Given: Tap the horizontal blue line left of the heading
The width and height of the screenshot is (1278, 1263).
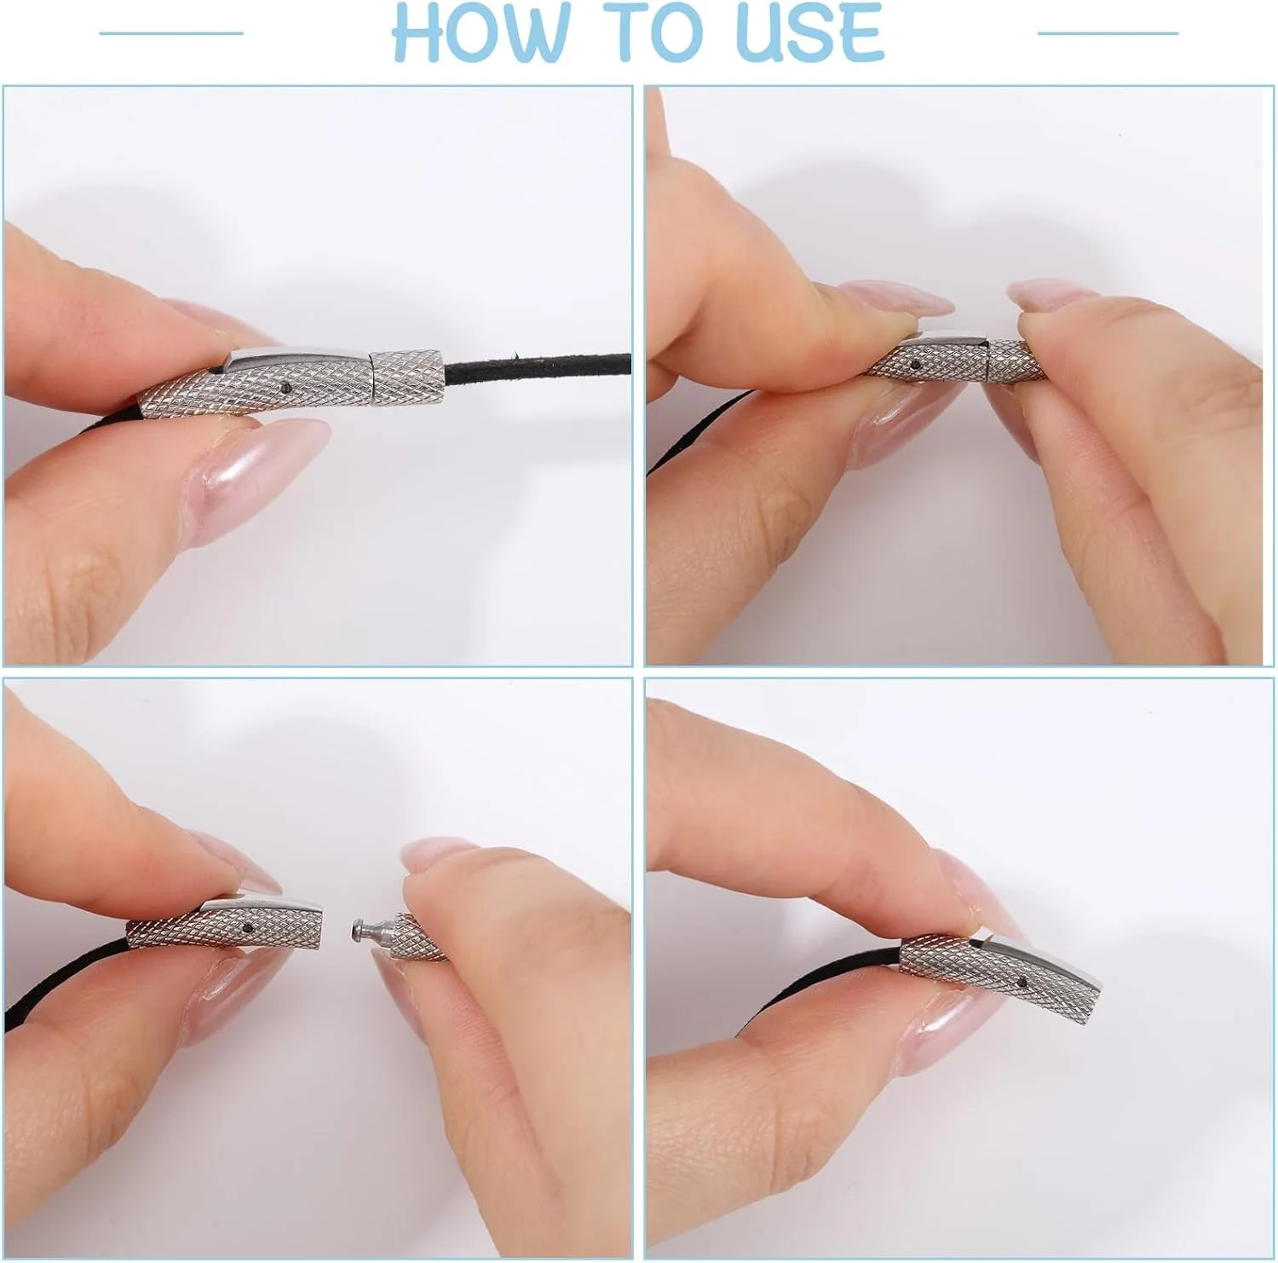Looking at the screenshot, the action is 171,33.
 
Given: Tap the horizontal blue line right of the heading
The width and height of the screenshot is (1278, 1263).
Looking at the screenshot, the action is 1108,33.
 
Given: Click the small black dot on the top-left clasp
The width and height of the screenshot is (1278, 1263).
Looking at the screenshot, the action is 285,388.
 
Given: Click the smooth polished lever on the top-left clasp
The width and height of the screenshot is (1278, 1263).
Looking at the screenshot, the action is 298,355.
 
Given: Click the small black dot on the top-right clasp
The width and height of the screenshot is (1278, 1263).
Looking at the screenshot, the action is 915,364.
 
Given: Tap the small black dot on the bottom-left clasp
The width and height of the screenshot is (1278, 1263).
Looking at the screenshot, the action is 247,927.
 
